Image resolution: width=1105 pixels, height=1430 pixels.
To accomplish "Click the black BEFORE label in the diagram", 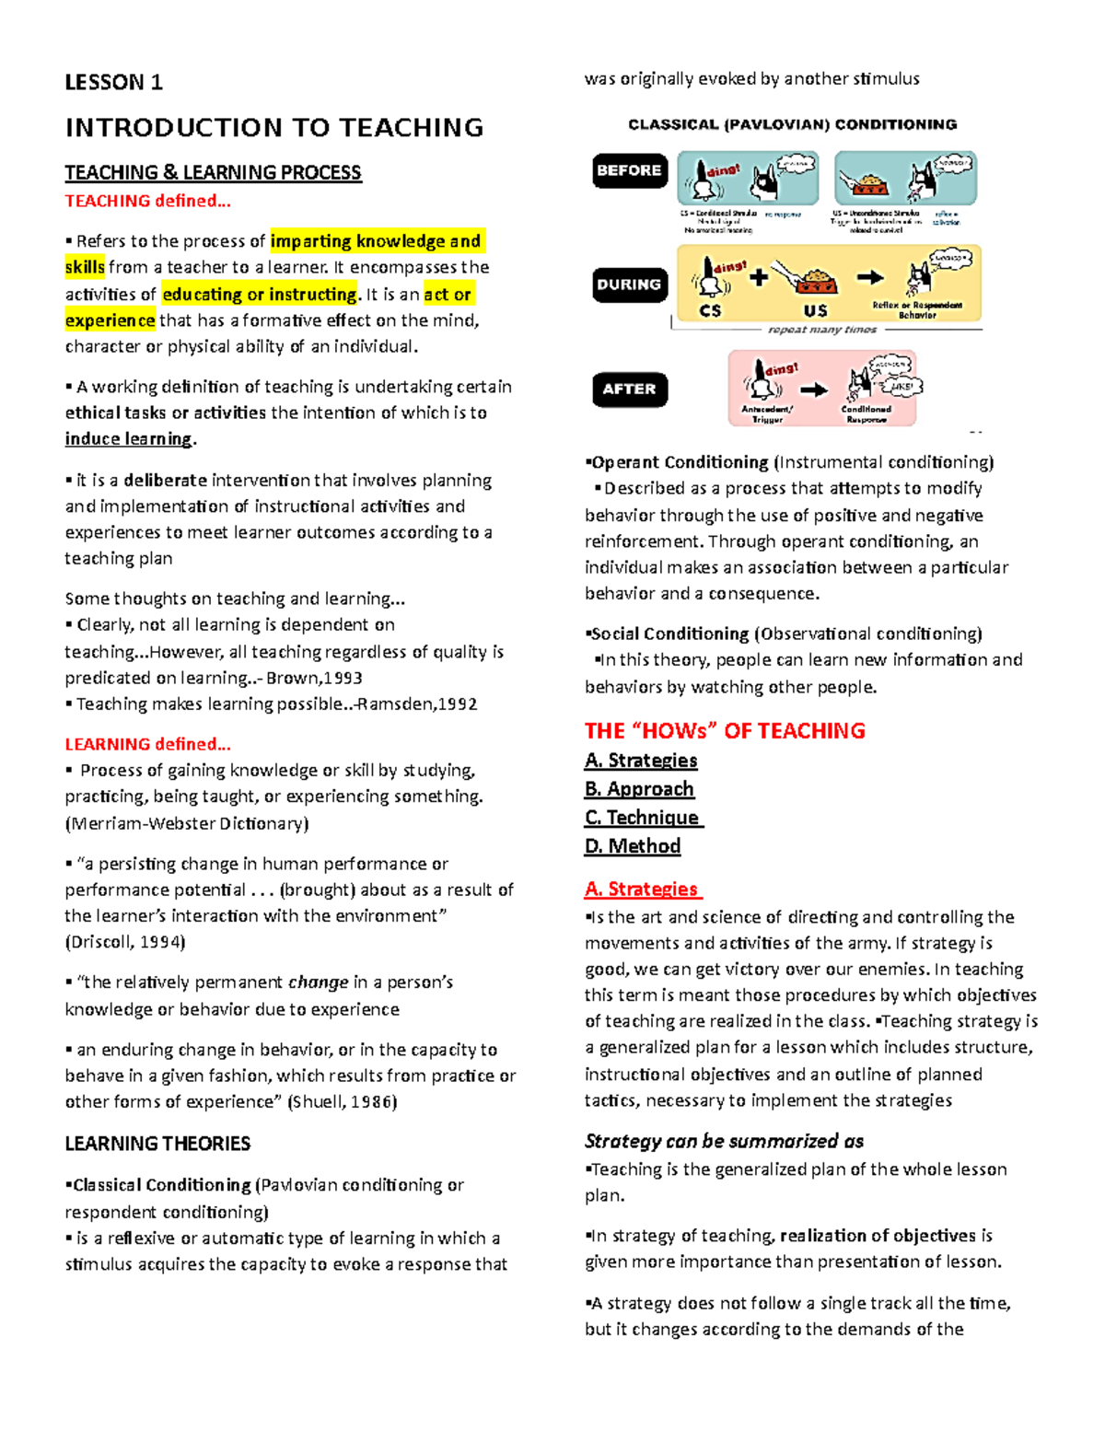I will coord(629,170).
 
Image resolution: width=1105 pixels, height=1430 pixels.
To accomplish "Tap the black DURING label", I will coord(629,285).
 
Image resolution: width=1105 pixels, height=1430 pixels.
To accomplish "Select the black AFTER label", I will coord(629,389).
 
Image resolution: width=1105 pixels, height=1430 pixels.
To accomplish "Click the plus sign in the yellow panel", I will coord(759,276).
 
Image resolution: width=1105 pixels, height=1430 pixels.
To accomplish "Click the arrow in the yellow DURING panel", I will coord(870,276).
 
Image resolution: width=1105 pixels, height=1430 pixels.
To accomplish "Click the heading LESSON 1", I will coord(113,83).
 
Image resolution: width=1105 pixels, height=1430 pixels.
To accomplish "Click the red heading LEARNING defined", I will coord(147,744).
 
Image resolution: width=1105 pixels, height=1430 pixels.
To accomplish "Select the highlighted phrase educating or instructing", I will coord(260,295).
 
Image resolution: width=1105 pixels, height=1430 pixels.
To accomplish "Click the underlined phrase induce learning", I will coord(128,439).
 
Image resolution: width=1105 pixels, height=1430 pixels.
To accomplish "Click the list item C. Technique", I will coord(643,818).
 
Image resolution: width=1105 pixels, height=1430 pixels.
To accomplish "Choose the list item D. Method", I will coord(633,846).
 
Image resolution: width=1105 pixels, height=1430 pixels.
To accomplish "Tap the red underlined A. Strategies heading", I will coord(642,889).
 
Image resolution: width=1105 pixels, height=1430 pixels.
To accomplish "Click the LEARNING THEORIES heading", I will coord(157,1144).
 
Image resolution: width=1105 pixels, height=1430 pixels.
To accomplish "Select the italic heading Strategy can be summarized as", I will coord(724,1142).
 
